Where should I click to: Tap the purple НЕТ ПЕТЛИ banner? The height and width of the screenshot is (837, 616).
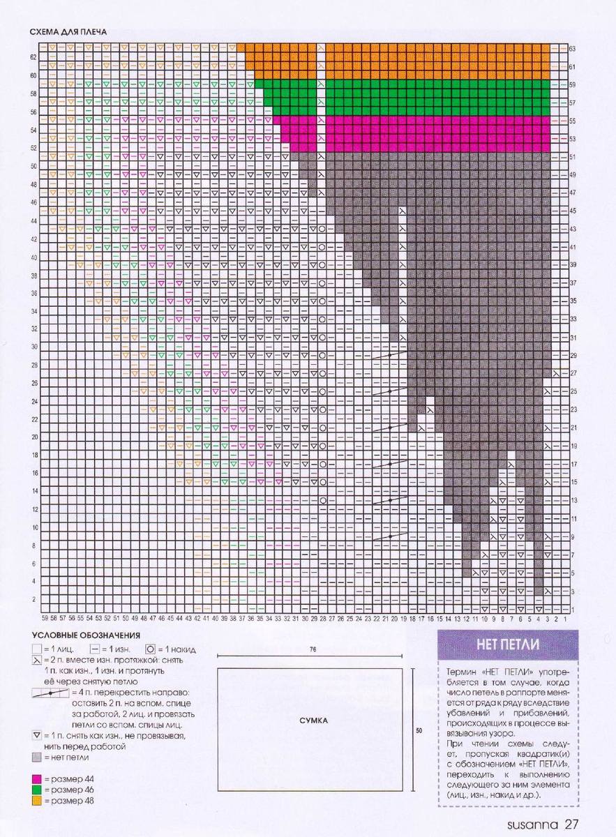502,643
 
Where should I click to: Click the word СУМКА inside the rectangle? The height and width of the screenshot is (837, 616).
310,721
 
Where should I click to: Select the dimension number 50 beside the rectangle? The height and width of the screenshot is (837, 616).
419,731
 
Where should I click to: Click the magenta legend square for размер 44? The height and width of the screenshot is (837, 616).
36,778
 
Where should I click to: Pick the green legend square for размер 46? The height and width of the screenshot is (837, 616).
36,789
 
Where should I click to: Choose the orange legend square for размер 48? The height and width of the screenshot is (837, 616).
36,800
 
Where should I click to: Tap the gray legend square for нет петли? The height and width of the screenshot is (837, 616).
36,757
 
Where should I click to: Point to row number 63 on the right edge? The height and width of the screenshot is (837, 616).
572,49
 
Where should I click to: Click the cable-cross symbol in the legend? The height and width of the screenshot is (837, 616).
50,694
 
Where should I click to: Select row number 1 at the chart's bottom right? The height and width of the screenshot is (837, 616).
572,610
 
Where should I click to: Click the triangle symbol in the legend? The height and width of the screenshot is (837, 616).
36,736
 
